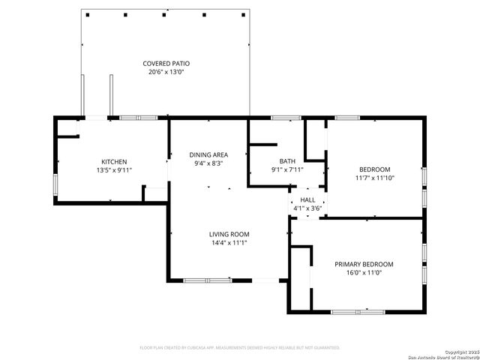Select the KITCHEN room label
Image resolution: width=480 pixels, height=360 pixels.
[114, 161]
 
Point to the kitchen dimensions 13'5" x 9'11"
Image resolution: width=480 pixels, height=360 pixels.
[114, 170]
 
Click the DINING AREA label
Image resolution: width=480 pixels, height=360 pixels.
[208, 154]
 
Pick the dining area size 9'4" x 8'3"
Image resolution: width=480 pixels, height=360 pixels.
[208, 163]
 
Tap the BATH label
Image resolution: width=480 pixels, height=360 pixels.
[287, 160]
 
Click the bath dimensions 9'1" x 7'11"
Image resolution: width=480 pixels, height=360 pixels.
[287, 169]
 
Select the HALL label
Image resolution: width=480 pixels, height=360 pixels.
[308, 200]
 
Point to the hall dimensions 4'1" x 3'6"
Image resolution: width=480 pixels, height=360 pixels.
[308, 208]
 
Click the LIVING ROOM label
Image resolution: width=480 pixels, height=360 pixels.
[229, 234]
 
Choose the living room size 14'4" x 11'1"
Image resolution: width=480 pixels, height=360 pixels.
[229, 243]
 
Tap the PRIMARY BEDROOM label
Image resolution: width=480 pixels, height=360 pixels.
[364, 264]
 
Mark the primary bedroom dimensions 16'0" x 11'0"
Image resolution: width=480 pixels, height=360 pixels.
[364, 274]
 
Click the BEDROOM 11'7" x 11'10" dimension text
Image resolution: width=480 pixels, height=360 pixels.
[374, 178]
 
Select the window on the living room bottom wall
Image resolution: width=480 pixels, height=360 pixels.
[208, 280]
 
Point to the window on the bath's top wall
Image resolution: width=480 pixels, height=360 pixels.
[285, 118]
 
